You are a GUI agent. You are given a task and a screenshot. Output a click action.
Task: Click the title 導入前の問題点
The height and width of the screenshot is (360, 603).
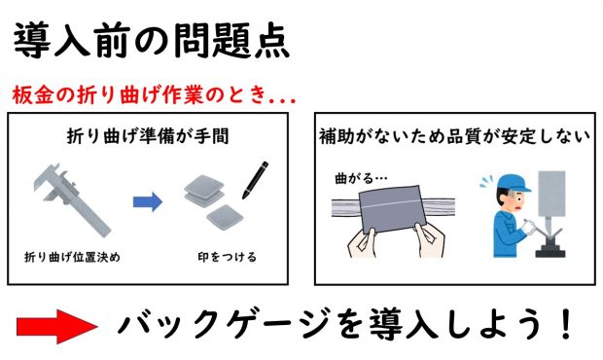tap(151, 41)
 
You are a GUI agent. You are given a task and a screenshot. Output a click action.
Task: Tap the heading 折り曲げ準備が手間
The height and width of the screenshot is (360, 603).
tap(148, 136)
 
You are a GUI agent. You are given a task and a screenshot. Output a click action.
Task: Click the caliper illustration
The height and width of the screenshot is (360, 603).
tap(71, 199)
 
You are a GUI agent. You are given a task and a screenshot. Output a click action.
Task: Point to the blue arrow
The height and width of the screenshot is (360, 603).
tap(148, 201)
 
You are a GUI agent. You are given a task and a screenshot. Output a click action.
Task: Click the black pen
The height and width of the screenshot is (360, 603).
tap(255, 180)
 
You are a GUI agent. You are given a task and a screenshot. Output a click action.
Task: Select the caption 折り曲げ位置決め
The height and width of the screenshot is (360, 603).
tap(72, 257)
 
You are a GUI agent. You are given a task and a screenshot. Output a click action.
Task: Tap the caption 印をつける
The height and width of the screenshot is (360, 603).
tap(227, 257)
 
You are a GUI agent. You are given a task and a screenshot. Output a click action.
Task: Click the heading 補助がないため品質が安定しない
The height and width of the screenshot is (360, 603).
tap(454, 136)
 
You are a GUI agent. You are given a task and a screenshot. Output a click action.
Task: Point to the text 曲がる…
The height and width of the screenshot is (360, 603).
tap(361, 178)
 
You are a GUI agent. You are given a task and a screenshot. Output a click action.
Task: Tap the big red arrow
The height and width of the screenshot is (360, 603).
tap(57, 327)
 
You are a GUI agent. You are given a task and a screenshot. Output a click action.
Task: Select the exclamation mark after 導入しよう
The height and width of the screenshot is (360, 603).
tap(566, 324)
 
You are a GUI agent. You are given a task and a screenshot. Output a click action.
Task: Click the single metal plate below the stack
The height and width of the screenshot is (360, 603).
tap(225, 218)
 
